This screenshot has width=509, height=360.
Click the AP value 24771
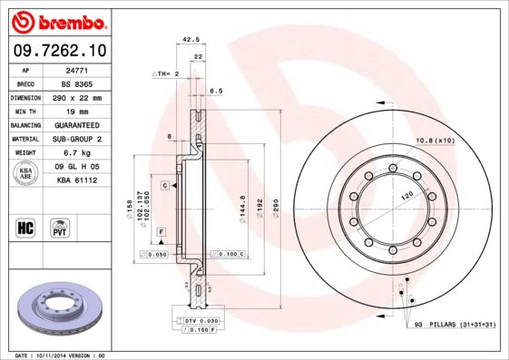[x=75, y=70]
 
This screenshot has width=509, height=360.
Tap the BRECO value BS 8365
[x=75, y=83]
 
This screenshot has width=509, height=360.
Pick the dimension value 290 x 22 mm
[x=75, y=97]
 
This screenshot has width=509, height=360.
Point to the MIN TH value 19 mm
[x=75, y=111]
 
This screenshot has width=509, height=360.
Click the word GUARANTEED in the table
[x=75, y=124]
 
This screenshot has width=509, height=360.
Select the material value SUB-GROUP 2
[x=75, y=139]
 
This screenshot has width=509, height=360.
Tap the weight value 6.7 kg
[x=75, y=152]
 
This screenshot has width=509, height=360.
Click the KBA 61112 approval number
[x=75, y=180]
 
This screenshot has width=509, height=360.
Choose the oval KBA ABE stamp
[x=24, y=173]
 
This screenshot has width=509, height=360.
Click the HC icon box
[x=24, y=227]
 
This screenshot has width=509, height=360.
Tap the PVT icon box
[x=59, y=227]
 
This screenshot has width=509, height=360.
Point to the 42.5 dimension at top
[x=191, y=40]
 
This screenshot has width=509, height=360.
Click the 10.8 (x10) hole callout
[x=435, y=141]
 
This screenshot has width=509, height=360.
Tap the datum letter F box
[x=161, y=232]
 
